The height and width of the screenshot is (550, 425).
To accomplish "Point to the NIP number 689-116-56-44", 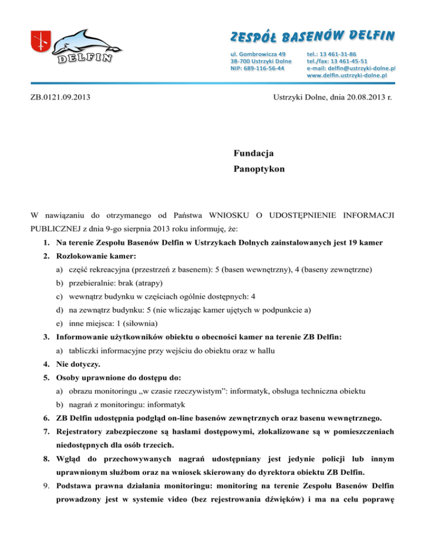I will click(258, 68).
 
